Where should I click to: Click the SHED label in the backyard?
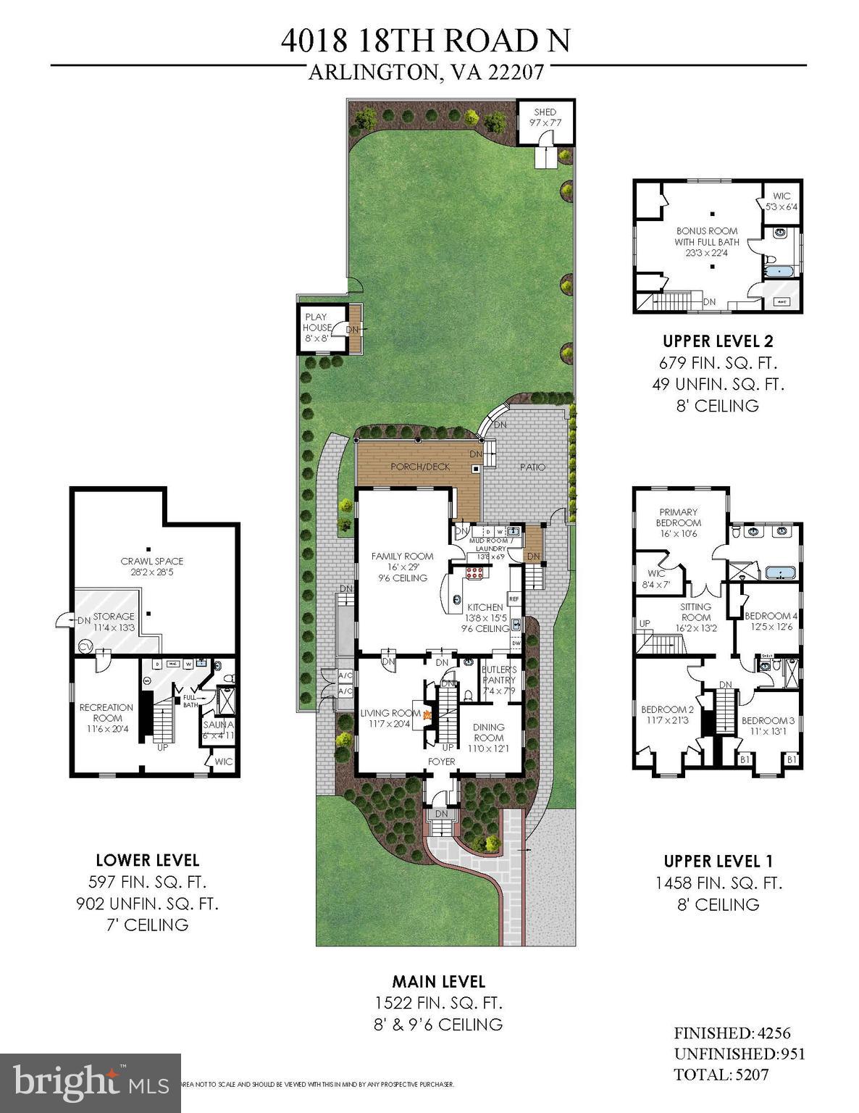click(x=545, y=112)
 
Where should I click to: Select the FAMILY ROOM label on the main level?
click(x=402, y=556)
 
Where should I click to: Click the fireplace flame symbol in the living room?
click(x=427, y=714)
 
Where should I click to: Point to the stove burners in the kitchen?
click(x=474, y=574)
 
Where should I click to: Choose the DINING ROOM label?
click(x=488, y=733)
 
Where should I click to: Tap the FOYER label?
click(x=441, y=762)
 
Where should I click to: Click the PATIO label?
click(x=531, y=467)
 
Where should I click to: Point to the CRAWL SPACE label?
click(x=151, y=561)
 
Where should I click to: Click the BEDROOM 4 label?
click(x=771, y=616)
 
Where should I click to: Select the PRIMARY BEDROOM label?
click(x=678, y=517)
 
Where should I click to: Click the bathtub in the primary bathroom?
click(x=779, y=573)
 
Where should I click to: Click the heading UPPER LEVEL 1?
click(x=718, y=861)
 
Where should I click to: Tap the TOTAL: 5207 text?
click(x=721, y=1074)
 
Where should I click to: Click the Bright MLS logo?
click(x=91, y=1083)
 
